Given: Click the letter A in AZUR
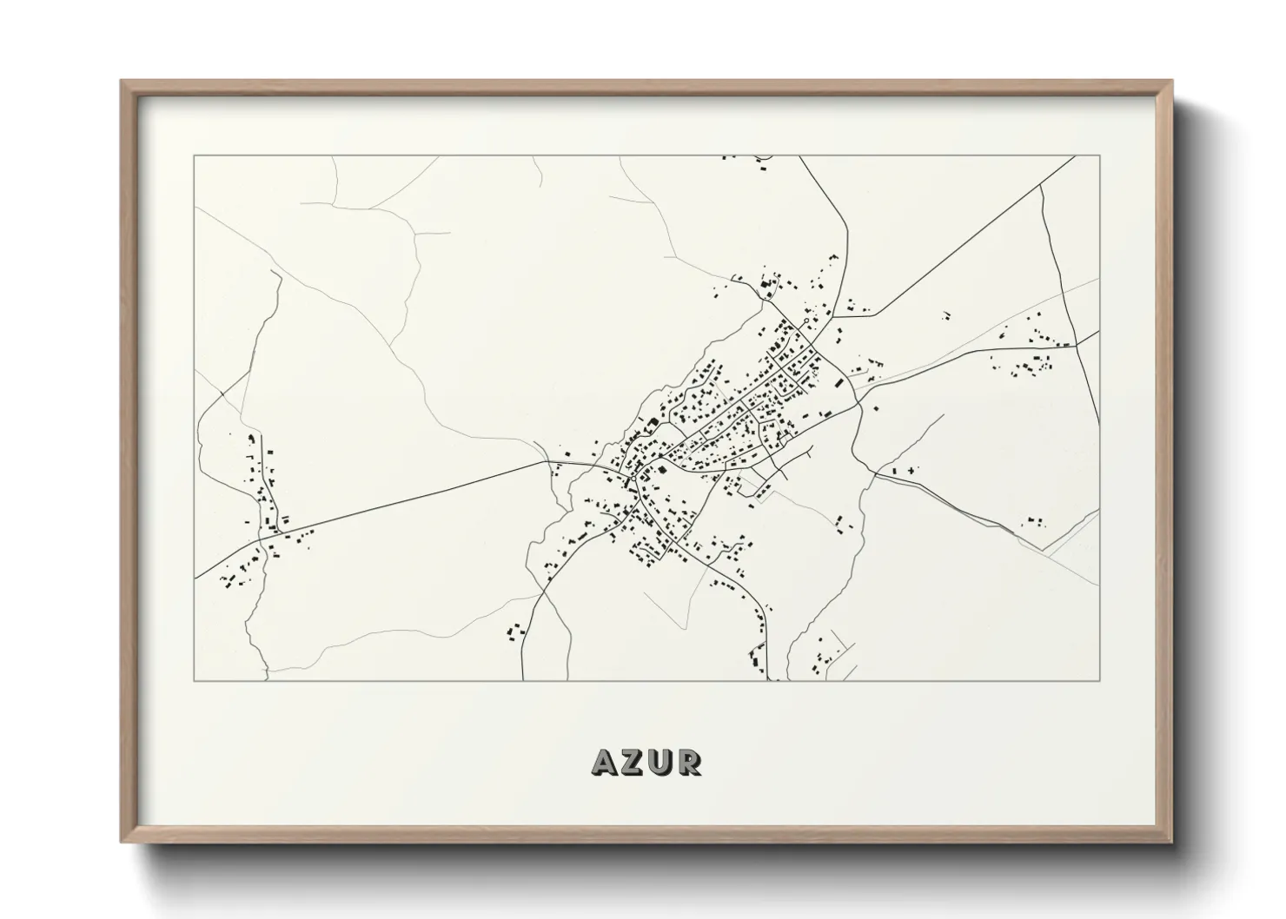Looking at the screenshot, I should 605,763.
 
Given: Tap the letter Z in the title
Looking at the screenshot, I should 636,763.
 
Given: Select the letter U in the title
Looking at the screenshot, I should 665,763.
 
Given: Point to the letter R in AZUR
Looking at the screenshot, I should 692,763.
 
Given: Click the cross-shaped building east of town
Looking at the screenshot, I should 910,470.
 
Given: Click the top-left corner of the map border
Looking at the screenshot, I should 194,156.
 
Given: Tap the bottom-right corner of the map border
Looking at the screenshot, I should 1100,680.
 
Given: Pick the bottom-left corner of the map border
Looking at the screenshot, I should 194,680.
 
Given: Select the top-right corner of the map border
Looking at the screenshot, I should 1100,156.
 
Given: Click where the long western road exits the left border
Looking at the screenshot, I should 195,577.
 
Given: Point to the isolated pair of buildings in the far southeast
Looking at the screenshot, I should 1034,520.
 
